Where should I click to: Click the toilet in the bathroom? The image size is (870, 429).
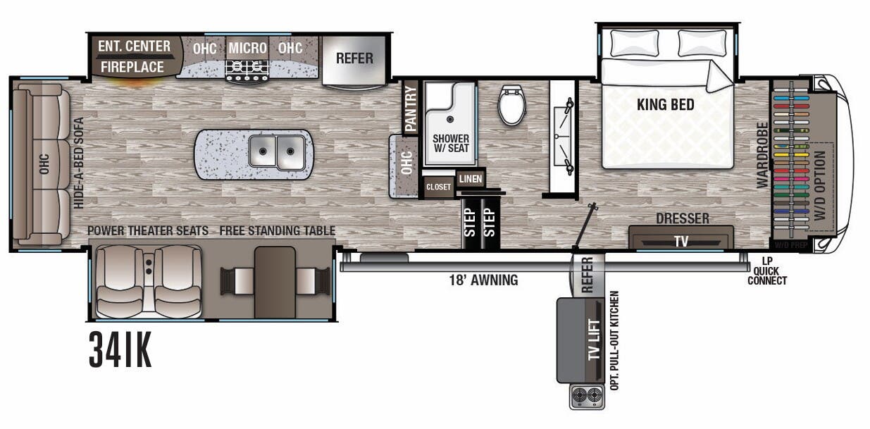tap(511, 105)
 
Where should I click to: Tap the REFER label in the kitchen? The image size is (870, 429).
tap(354, 58)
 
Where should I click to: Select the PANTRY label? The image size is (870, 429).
tap(410, 108)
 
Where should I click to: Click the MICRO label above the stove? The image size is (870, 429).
tap(247, 48)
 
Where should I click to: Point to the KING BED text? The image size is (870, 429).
tap(665, 105)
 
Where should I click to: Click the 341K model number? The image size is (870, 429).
tap(120, 350)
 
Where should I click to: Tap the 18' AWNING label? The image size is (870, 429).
tap(484, 280)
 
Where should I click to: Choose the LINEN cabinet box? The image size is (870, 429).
tap(470, 179)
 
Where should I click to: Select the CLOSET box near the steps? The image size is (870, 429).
tap(438, 187)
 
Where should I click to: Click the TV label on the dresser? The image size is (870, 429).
tap(681, 241)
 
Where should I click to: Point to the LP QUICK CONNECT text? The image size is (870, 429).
tap(768, 271)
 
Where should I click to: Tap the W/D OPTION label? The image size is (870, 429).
tap(819, 186)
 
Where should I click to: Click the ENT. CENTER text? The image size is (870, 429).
tap(134, 46)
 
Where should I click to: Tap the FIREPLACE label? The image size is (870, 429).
tap(132, 67)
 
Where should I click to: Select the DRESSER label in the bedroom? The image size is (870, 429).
tap(681, 219)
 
